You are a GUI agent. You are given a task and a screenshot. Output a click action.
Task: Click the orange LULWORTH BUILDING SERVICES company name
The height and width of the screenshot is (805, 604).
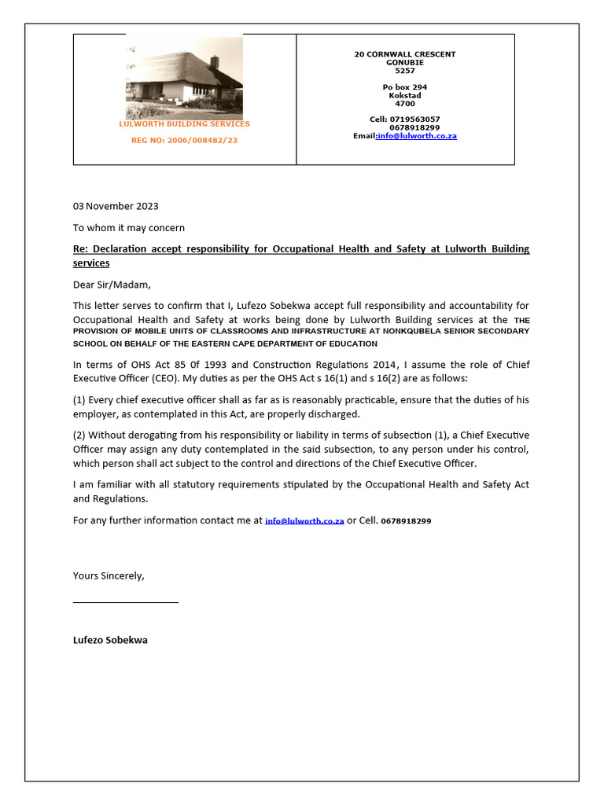[184, 124]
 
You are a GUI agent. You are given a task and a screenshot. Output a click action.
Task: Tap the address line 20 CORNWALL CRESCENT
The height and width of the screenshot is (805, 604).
[404, 54]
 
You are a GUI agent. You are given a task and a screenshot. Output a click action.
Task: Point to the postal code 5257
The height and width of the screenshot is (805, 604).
[404, 71]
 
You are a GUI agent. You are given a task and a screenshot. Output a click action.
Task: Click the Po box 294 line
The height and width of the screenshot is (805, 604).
[404, 87]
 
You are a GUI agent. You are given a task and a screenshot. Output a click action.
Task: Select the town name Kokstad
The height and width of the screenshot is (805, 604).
[404, 95]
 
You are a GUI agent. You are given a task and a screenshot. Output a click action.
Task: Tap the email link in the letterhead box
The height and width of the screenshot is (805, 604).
[417, 136]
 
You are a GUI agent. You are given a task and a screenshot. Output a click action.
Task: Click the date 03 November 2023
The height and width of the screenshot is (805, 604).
[116, 207]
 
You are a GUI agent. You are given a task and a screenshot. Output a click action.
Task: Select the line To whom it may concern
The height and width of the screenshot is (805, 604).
[129, 228]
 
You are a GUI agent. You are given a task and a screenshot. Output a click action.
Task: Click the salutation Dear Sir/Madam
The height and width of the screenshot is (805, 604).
[111, 285]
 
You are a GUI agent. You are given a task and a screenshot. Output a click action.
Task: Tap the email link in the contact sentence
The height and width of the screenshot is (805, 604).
[304, 521]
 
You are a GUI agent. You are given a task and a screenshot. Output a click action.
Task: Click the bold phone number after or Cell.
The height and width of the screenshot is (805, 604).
[406, 521]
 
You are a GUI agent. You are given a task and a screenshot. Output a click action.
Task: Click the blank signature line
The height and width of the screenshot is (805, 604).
[126, 601]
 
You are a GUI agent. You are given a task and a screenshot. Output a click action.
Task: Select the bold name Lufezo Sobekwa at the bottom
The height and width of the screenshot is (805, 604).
[110, 640]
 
